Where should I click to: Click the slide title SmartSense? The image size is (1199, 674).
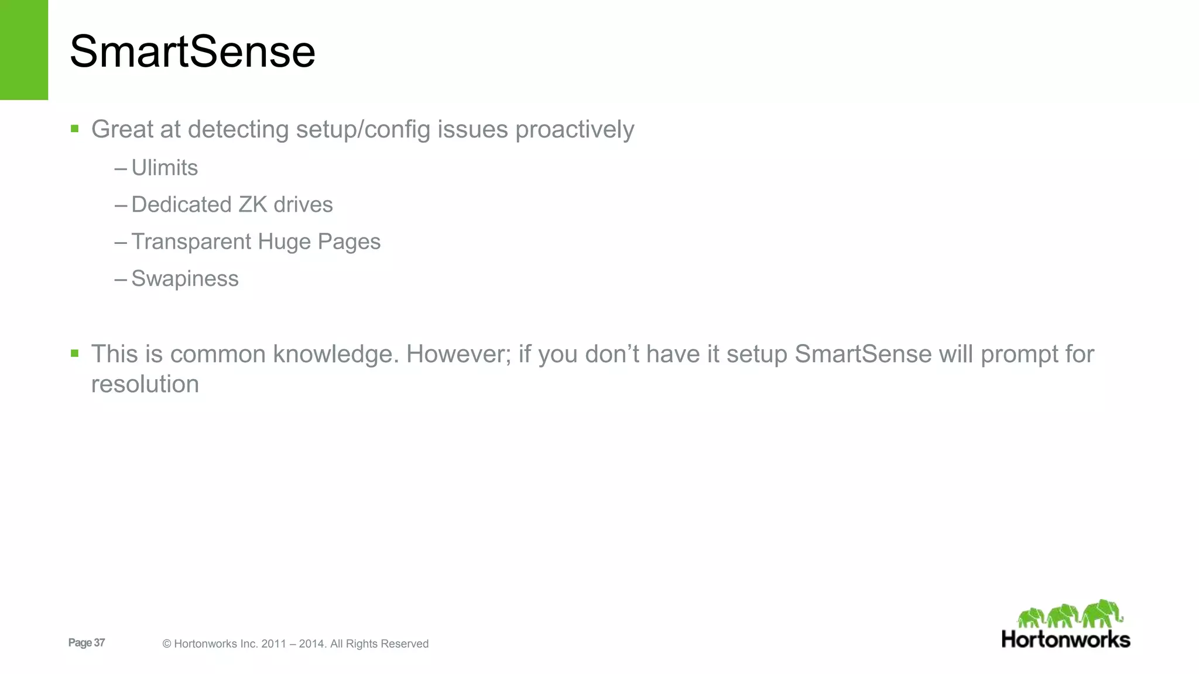(x=192, y=51)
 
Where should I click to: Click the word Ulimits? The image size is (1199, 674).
(x=165, y=168)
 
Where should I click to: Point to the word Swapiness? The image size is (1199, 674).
(x=185, y=278)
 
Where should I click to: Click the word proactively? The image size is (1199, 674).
(x=574, y=129)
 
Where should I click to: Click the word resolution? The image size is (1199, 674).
(x=145, y=384)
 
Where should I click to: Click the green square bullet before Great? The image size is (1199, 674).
(x=74, y=128)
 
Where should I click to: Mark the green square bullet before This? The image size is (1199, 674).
(x=74, y=353)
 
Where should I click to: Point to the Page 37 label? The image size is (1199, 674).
(x=87, y=642)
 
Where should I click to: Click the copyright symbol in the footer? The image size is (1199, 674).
(x=167, y=644)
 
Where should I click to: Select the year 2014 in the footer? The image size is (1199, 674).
(x=311, y=644)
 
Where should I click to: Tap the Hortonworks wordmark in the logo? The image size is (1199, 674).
(x=1066, y=639)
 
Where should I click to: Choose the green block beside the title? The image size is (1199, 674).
(x=24, y=50)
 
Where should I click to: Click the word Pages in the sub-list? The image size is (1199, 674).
(x=349, y=242)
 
